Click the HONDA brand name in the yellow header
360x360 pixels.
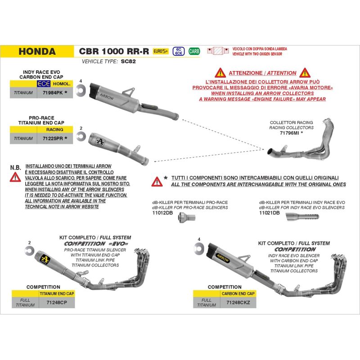click(37, 51)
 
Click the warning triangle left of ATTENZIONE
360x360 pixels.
click(220, 72)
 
